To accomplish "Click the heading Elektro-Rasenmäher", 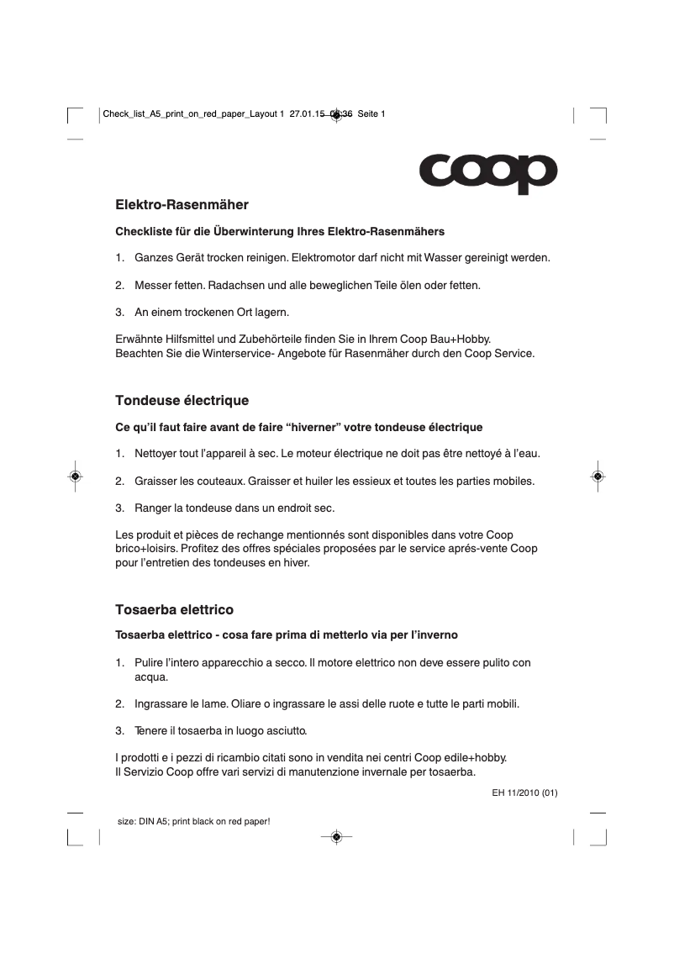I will (182, 204).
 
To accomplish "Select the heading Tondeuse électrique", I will (182, 400).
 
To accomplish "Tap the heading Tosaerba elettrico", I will (174, 608).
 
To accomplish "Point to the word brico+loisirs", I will (145, 549).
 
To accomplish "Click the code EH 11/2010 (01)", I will (525, 792).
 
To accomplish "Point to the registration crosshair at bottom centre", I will (336, 836).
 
